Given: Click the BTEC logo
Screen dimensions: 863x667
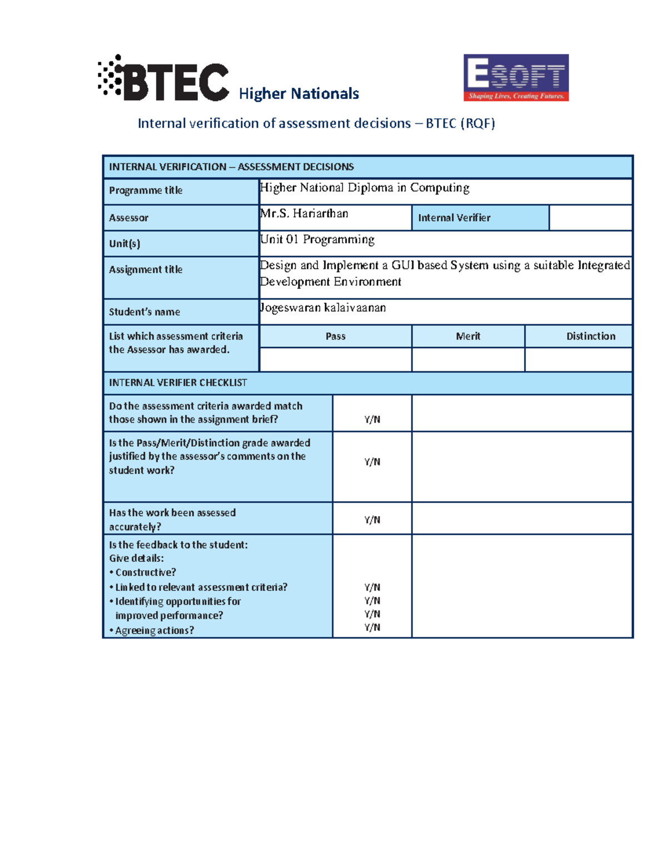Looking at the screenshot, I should [x=163, y=79].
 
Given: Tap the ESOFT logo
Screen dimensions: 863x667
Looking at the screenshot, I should [x=516, y=77].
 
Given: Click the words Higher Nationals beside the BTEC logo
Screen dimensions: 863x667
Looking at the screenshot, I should [x=298, y=93].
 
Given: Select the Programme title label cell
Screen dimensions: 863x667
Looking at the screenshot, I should [x=146, y=190].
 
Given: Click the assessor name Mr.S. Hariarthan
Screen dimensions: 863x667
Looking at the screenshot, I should [x=304, y=213].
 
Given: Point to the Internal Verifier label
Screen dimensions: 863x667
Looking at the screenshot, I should [x=454, y=218].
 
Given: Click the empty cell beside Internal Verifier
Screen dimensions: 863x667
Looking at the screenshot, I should [x=590, y=218].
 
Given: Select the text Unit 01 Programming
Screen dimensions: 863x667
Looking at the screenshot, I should [x=317, y=240].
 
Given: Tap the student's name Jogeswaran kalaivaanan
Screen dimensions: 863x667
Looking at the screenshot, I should [x=322, y=307].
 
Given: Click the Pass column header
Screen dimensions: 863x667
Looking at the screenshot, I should [x=335, y=336].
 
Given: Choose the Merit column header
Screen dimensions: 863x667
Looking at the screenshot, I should [x=468, y=336].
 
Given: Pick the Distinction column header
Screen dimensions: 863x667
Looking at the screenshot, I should [x=590, y=336].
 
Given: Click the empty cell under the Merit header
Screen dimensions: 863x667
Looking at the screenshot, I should [x=468, y=360].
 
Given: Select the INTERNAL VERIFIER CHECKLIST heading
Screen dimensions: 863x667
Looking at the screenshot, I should [x=178, y=383].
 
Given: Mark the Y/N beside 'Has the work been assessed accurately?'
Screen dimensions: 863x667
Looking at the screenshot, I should [x=372, y=520].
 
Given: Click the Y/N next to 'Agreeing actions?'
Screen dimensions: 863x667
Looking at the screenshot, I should [x=372, y=627].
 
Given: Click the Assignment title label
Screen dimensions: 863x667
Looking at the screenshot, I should [x=146, y=270].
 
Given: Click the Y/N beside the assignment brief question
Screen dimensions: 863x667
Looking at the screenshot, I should [x=372, y=420].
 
